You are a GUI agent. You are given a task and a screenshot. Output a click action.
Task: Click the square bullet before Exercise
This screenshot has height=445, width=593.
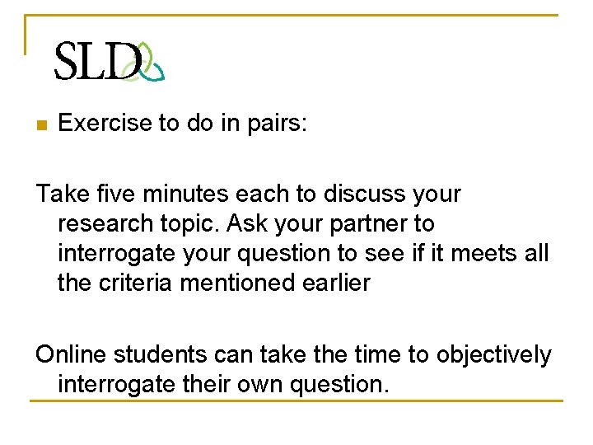coord(41,125)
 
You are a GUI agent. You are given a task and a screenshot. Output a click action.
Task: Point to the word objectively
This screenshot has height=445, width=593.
coord(493,355)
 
